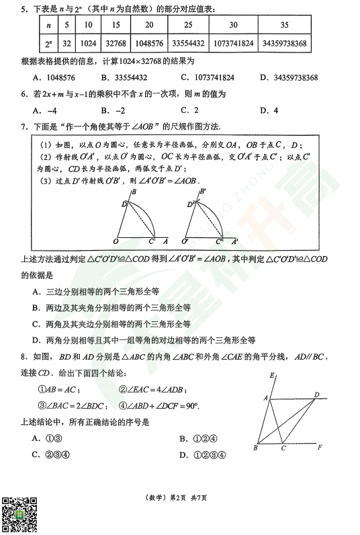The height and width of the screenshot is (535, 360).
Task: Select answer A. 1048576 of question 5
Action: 54,77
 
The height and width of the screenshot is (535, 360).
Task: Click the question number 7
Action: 23,126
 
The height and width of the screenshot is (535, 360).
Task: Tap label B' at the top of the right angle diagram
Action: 202,192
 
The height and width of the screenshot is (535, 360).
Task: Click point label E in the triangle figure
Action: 271,376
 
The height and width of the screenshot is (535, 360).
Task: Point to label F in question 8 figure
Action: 321,447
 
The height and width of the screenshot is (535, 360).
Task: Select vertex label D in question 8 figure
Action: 317,395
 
